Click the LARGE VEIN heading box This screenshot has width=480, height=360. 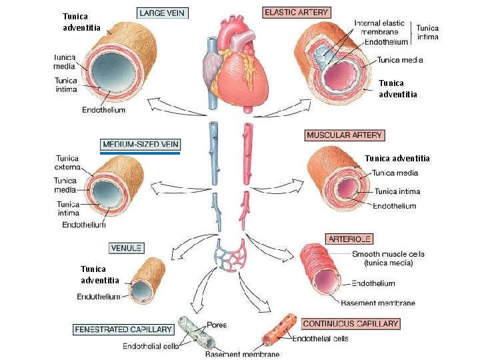(x=162, y=13)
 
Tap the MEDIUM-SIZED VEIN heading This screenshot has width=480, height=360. (x=140, y=143)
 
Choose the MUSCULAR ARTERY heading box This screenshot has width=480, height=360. (x=344, y=135)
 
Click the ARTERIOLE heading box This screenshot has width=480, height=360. (x=349, y=239)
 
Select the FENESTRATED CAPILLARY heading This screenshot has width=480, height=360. (x=123, y=329)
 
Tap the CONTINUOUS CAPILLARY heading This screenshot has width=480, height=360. (x=351, y=324)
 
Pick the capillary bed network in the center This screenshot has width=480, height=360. (x=230, y=257)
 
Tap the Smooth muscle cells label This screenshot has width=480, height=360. (x=388, y=258)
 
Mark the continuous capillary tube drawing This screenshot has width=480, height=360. (x=273, y=332)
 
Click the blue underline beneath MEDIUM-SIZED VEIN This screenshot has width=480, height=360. (x=140, y=153)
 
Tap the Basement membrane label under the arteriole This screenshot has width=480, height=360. (x=378, y=303)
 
